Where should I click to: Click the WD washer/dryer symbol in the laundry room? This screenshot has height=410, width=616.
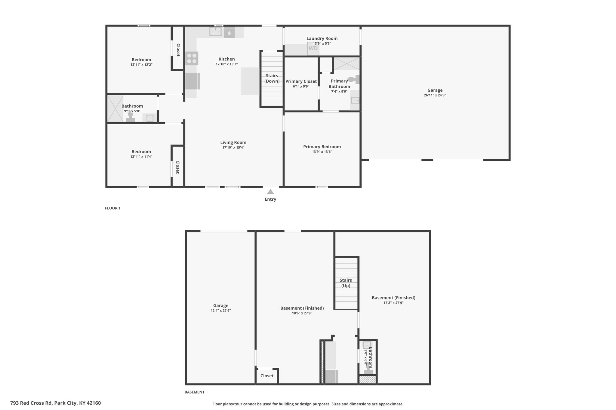click(313, 48)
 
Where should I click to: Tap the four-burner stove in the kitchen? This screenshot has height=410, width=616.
click(192, 58)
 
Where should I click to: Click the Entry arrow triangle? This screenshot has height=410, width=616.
click(270, 192)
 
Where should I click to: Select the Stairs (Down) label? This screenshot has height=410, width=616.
click(272, 78)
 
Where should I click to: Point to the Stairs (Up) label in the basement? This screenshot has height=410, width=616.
click(346, 283)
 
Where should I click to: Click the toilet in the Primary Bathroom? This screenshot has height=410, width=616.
click(354, 80)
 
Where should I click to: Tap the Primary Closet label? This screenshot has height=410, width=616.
click(301, 81)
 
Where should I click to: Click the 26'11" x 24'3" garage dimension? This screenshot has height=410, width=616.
click(435, 95)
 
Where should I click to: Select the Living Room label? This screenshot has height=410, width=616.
click(233, 142)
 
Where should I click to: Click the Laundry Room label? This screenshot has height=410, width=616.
click(322, 38)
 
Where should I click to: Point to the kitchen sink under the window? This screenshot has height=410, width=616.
click(216, 31)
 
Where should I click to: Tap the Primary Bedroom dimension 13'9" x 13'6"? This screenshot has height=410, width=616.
click(322, 152)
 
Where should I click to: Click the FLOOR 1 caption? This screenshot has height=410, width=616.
click(112, 208)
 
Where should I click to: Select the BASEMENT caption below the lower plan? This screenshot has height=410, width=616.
click(194, 392)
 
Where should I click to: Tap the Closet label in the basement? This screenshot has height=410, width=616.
click(267, 376)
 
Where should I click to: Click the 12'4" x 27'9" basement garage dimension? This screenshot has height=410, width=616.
click(221, 311)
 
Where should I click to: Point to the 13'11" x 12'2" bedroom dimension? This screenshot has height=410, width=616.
click(141, 65)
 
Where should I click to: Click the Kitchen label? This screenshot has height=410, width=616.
click(227, 59)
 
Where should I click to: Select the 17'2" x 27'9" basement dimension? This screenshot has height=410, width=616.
click(393, 303)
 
